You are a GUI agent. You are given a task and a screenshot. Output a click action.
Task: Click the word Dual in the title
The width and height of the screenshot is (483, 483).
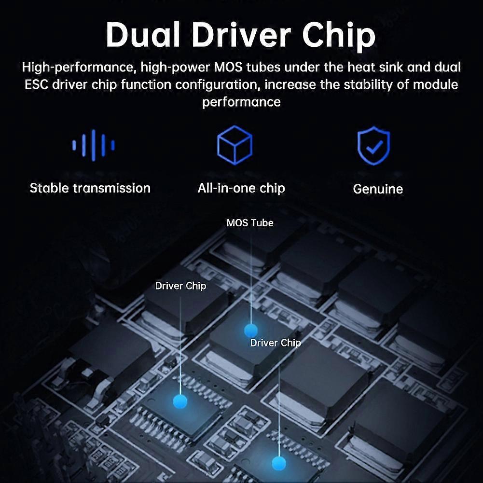pos(143,35)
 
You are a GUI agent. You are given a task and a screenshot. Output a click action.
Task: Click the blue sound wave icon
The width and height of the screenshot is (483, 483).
pos(93,145)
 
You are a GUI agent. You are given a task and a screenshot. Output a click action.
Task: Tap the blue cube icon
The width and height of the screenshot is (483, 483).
pos(235,145)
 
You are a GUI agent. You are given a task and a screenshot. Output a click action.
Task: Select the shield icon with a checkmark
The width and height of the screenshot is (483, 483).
pos(373,145)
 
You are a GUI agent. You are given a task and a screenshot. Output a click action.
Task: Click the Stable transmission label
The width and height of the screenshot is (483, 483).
pos(90,188)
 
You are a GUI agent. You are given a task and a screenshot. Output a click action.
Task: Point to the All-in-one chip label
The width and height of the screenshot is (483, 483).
pos(241,188)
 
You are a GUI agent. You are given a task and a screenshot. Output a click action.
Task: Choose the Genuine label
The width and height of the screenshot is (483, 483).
pos(378,189)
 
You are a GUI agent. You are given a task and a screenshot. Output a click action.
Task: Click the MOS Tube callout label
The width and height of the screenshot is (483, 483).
pos(250,223)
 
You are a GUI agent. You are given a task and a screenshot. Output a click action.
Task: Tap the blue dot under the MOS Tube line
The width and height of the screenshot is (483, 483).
pos(251,330)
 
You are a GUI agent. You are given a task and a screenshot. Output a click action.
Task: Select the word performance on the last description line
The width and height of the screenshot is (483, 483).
pos(241,102)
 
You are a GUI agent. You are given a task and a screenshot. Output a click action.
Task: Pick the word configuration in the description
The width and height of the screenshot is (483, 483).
pos(216,85)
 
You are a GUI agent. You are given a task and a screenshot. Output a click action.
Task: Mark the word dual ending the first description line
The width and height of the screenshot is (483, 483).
pos(447,67)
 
